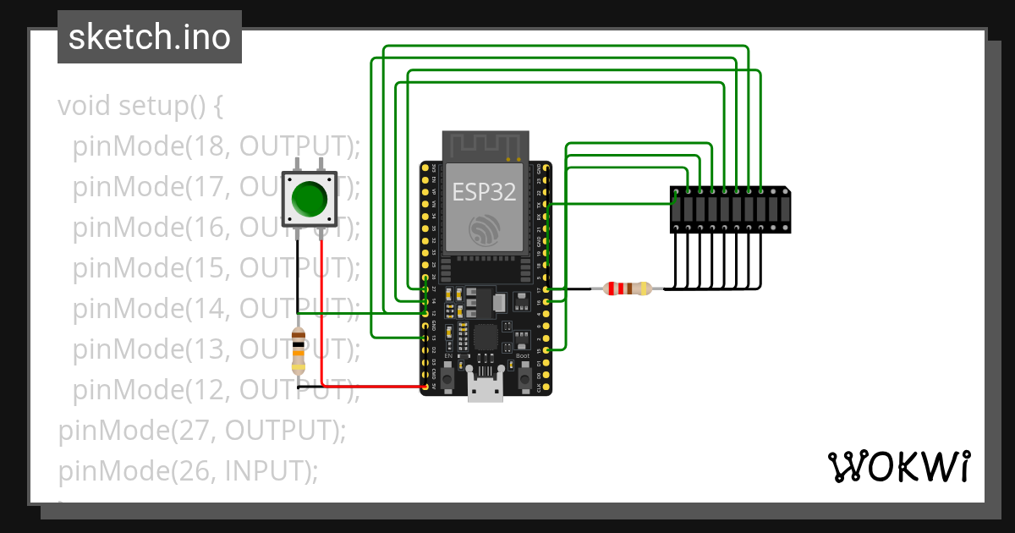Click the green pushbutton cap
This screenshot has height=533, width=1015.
tap(309, 199)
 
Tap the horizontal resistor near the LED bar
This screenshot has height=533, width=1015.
tap(627, 288)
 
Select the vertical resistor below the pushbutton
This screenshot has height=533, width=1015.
tap(298, 352)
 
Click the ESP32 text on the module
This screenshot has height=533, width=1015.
tap(483, 192)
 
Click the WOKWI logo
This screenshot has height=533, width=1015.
tap(897, 466)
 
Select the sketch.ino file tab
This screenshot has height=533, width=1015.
tap(150, 37)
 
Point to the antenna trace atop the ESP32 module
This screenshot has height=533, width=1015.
tap(486, 145)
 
